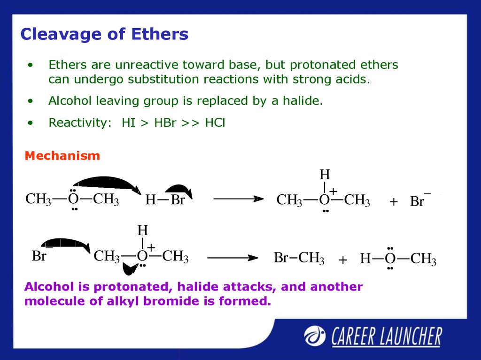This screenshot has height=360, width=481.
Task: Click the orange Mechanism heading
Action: [x=62, y=156]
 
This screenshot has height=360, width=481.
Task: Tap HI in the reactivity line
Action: [x=129, y=123]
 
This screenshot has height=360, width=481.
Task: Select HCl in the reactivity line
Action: [x=215, y=123]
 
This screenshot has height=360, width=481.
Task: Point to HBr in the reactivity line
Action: [x=165, y=123]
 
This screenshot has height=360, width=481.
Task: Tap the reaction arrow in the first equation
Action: [x=238, y=199]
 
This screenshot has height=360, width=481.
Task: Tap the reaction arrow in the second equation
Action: [x=233, y=258]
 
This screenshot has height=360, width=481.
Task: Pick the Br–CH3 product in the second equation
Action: [x=299, y=258]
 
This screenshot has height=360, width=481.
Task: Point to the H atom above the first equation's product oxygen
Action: [x=325, y=175]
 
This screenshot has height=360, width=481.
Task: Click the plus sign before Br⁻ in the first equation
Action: [x=394, y=202]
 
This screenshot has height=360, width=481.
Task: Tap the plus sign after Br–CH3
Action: [x=343, y=260]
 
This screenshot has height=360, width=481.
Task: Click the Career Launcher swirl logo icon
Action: [x=315, y=336]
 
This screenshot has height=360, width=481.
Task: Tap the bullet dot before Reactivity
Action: [x=30, y=123]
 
